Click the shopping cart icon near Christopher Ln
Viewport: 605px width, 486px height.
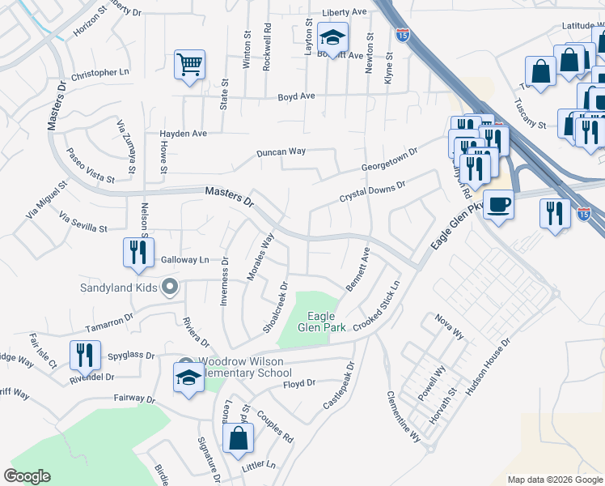(x=189, y=64)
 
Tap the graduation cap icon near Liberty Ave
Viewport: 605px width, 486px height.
(x=332, y=36)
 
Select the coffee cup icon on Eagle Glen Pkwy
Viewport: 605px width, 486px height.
(x=498, y=205)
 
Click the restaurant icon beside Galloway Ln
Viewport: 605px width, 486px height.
(x=138, y=252)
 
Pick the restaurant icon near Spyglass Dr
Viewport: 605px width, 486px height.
(x=84, y=355)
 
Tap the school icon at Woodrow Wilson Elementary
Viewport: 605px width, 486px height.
(x=189, y=377)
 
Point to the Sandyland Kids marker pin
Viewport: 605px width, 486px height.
(x=170, y=287)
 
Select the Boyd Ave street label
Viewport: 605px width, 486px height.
(x=296, y=96)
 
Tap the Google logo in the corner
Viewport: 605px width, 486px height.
(x=27, y=476)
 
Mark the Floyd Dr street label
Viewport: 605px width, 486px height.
(x=298, y=383)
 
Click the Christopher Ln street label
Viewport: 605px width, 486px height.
(x=100, y=73)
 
